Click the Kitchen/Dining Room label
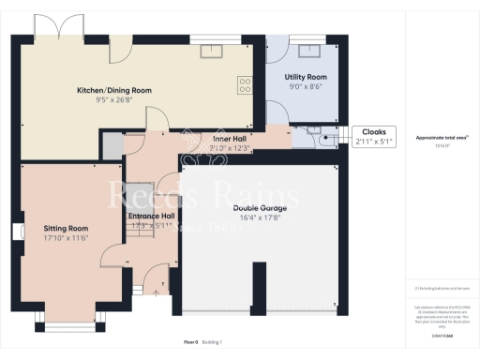coord(113,90)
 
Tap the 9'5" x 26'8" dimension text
coord(113,99)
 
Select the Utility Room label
coord(305,76)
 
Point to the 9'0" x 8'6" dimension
coord(305,85)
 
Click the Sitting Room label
coord(66,228)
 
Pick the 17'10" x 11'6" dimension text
coord(66,237)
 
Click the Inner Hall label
coord(229,138)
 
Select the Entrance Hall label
coord(150,215)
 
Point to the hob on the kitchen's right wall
coord(247,85)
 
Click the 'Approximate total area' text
coord(442,137)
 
